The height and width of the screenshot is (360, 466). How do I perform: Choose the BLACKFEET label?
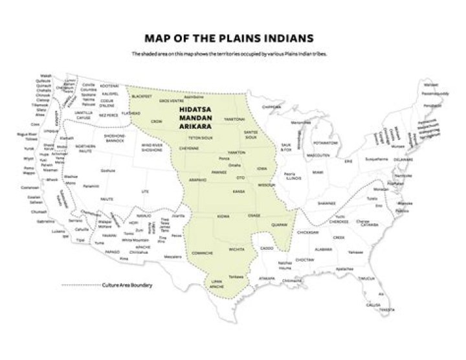141,96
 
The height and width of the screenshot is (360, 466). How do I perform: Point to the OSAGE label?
254,216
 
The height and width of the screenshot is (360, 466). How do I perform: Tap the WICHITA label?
236,248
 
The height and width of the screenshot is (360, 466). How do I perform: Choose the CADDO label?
267,248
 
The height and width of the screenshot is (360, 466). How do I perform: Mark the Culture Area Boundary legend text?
130,285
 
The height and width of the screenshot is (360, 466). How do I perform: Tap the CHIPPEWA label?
272,107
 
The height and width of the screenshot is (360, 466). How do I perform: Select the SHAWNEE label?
326,203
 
